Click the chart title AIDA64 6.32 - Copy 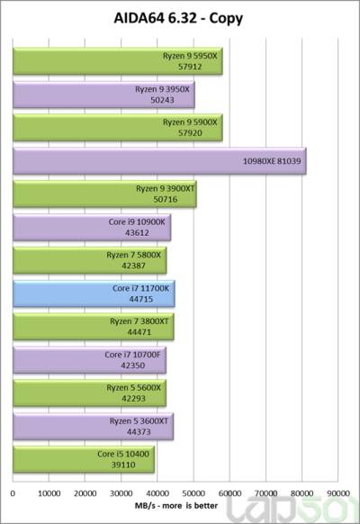(178, 19)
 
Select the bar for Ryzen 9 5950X (118, 61)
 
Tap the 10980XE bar (159, 161)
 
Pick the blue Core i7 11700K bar (94, 294)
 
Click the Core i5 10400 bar (84, 459)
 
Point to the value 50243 (162, 100)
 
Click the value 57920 (190, 133)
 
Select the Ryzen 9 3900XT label (166, 188)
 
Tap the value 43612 (137, 232)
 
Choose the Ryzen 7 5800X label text (133, 255)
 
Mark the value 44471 (139, 332)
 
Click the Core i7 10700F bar (89, 360)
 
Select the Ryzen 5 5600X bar (89, 393)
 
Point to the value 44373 (139, 432)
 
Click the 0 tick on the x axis (13, 493)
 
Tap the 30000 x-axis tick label (121, 493)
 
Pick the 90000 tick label (338, 493)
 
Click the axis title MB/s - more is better (176, 506)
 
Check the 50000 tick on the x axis (193, 493)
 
